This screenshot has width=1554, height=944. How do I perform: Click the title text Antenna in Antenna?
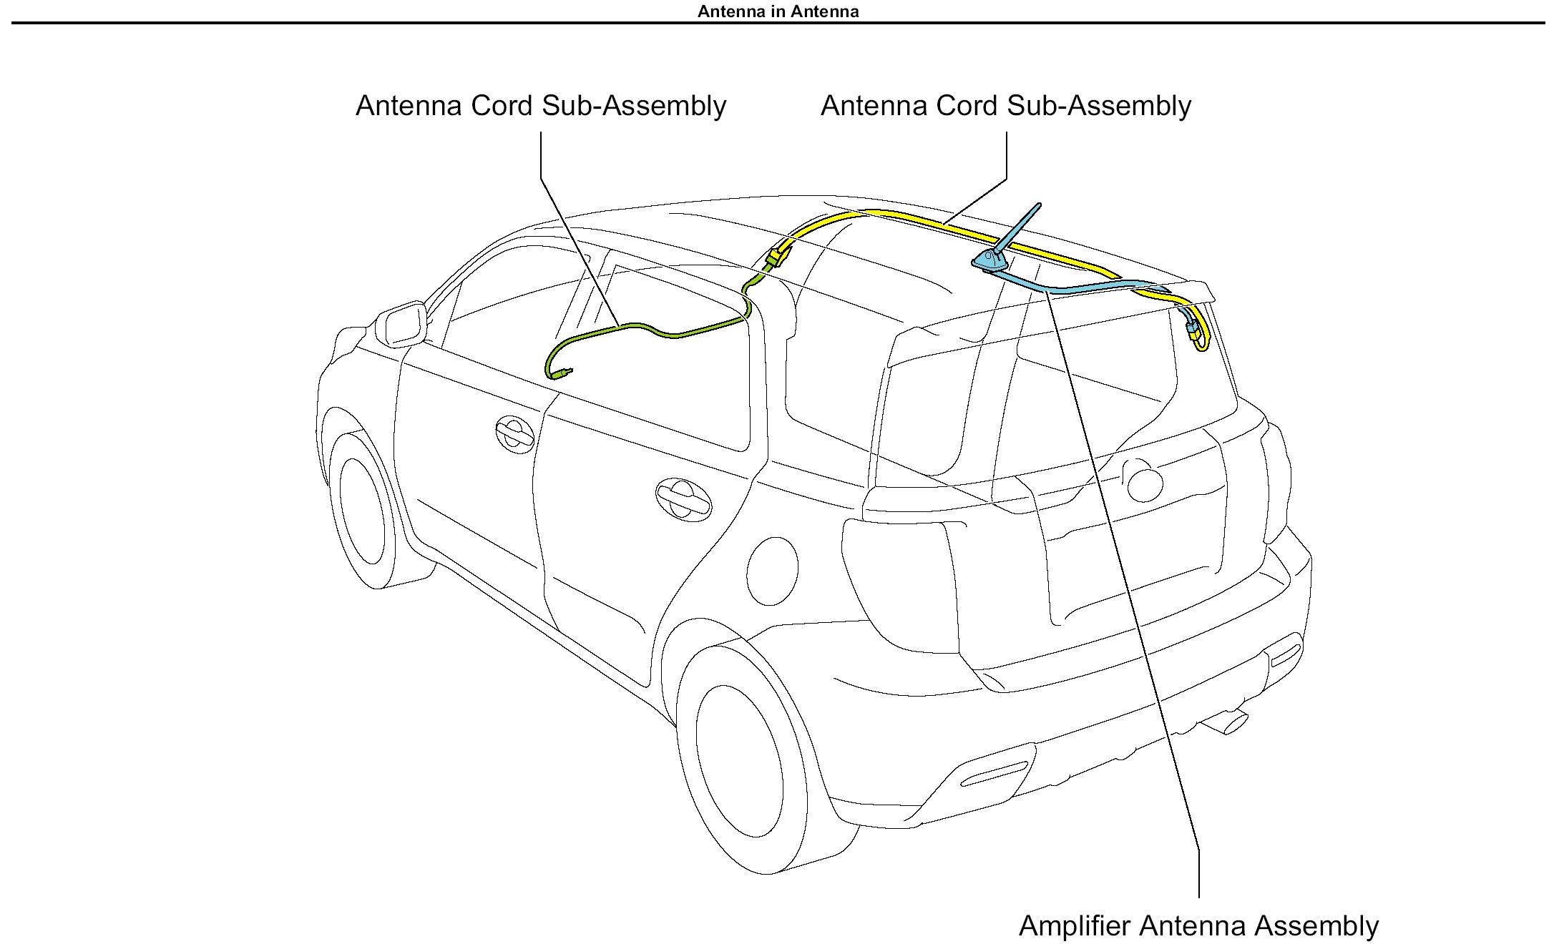point(778,11)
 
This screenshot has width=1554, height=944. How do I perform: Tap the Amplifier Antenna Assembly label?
point(1198,925)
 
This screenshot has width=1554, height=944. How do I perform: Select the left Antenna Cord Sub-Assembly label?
point(541,106)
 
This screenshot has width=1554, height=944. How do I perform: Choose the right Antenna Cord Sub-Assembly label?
point(1005,106)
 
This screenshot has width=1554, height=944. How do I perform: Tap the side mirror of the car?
point(401,324)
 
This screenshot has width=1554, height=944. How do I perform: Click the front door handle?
point(514,433)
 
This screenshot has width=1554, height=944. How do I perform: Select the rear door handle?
point(683,498)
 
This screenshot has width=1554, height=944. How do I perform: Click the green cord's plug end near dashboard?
point(566,372)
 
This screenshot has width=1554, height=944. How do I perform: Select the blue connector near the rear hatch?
point(1192,330)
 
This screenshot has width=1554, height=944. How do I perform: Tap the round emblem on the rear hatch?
point(1144,483)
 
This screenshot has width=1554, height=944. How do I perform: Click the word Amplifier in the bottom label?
point(1075,925)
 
